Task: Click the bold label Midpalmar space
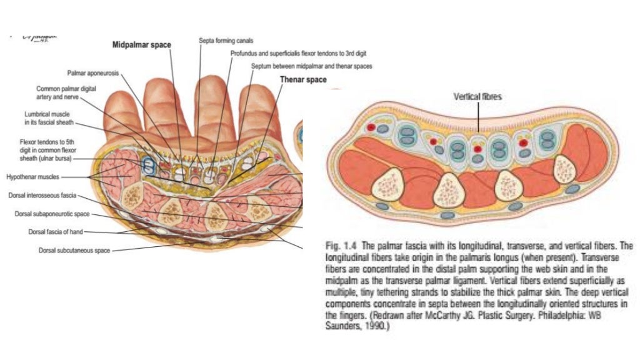(x=141, y=45)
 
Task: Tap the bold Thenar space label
(x=303, y=80)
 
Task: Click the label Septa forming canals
(x=221, y=41)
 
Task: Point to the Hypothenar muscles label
(x=32, y=177)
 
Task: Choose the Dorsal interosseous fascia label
(x=42, y=196)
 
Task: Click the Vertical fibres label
(x=478, y=97)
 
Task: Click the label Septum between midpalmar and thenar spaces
(x=311, y=66)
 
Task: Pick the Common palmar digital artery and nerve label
(x=66, y=93)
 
